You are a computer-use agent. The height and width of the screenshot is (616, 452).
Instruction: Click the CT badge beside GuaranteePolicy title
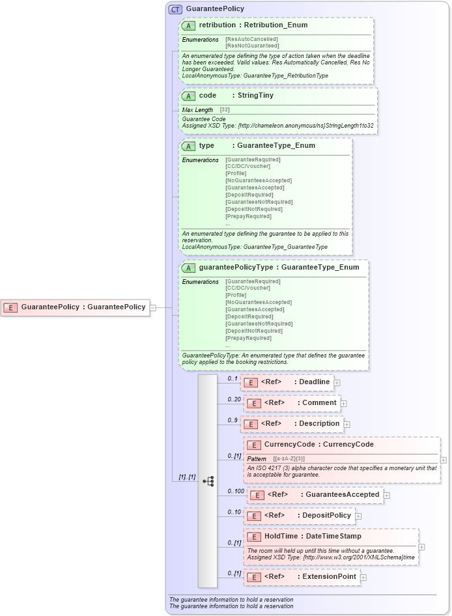pyautogui.click(x=175, y=9)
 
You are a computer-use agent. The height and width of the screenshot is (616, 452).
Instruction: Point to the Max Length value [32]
pyautogui.click(x=225, y=110)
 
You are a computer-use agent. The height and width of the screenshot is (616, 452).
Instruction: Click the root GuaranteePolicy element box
pyautogui.click(x=75, y=307)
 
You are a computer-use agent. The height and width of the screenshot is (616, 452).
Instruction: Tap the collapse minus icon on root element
pyautogui.click(x=153, y=307)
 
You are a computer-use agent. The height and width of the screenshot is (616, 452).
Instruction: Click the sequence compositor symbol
pyautogui.click(x=208, y=481)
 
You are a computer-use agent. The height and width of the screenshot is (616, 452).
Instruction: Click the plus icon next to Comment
pyautogui.click(x=343, y=404)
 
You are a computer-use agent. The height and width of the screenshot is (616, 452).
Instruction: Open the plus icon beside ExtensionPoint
pyautogui.click(x=363, y=578)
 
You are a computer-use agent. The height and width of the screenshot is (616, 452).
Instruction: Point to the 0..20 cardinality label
pyautogui.click(x=234, y=399)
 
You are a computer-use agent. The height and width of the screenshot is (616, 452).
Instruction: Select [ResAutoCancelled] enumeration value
pyautogui.click(x=251, y=39)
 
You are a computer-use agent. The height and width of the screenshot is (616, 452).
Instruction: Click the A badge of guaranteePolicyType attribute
pyautogui.click(x=189, y=268)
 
